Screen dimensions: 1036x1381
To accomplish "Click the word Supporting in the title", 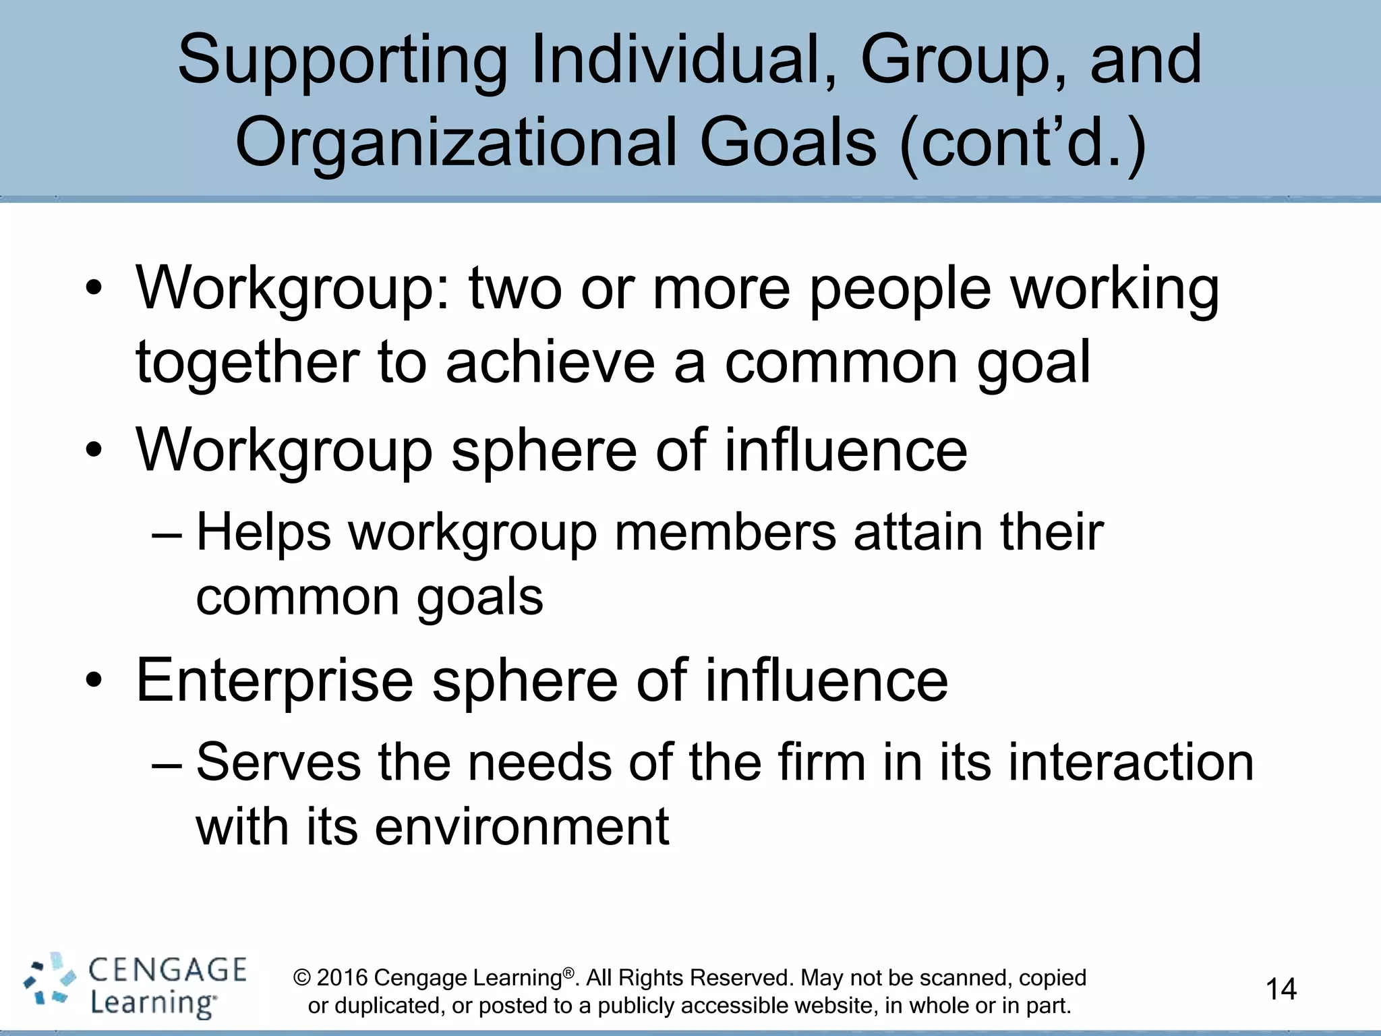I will point(343,63).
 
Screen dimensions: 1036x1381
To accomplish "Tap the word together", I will point(247,363).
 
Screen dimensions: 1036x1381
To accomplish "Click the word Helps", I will point(264,533).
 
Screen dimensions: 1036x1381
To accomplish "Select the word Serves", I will point(278,763).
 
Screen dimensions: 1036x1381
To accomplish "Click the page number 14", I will point(1281,989).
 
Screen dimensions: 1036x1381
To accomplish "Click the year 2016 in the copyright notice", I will point(342,978).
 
